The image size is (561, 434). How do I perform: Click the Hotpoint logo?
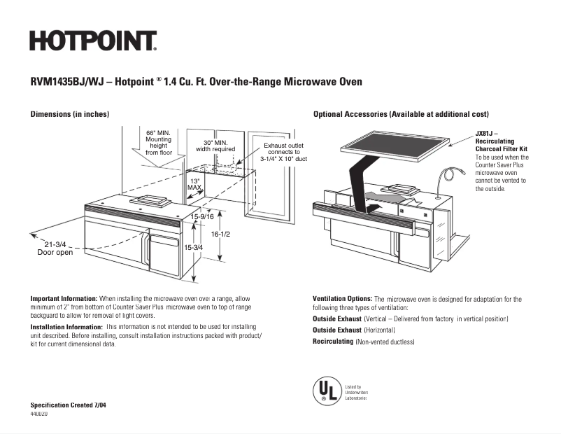(x=92, y=41)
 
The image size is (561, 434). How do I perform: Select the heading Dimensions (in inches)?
(x=69, y=114)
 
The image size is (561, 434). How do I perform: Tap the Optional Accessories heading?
(x=401, y=114)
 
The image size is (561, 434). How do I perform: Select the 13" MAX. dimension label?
(x=195, y=185)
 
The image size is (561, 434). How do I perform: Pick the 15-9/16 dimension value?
(x=202, y=218)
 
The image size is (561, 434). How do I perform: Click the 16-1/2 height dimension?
(x=221, y=234)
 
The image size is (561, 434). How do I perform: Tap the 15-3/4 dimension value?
(x=193, y=247)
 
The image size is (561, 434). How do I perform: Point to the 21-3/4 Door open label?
(x=55, y=248)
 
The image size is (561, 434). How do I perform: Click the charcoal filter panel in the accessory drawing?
(x=393, y=143)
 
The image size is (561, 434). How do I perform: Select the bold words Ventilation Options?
(x=343, y=299)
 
